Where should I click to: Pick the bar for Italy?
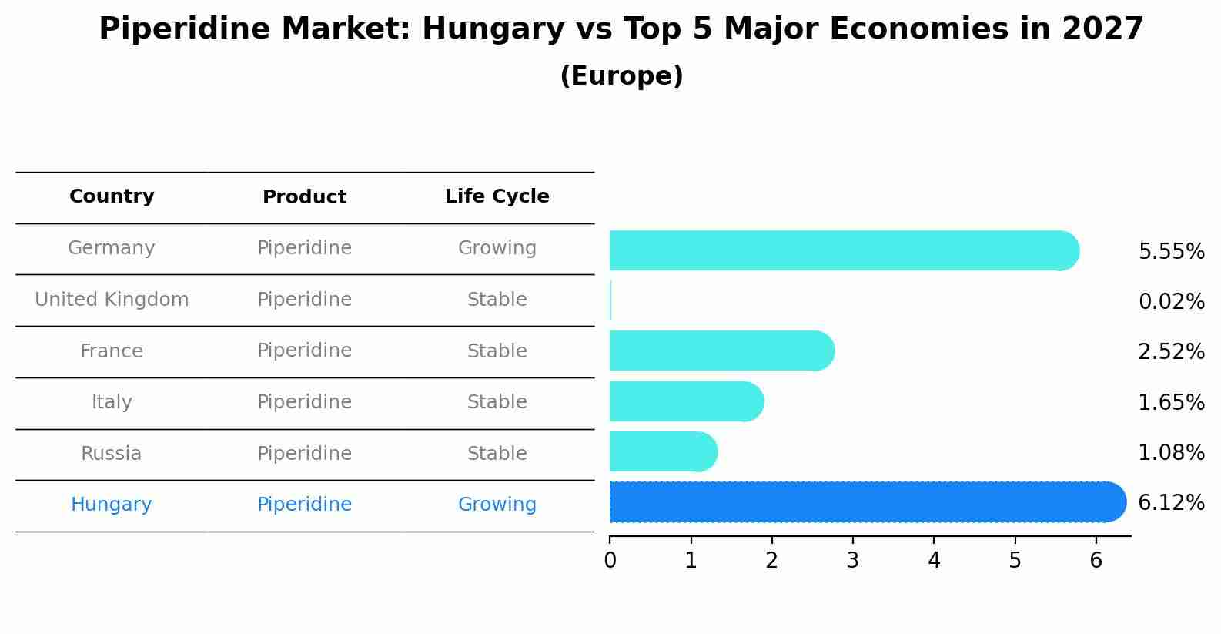[686, 401]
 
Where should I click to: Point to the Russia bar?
[663, 451]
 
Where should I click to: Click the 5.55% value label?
[1171, 252]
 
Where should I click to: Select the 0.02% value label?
[1171, 302]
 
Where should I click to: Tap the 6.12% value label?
[1171, 503]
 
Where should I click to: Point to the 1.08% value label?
[1171, 453]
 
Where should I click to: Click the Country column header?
[112, 196]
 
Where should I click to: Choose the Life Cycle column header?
[497, 196]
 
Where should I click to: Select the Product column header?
[304, 197]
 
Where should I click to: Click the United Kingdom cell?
[112, 300]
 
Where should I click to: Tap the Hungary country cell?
[112, 505]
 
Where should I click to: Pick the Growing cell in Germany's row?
[497, 248]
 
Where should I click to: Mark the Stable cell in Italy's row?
[497, 402]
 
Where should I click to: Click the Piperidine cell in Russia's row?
[304, 454]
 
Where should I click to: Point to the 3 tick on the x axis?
[852, 561]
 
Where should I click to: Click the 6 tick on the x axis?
[1096, 561]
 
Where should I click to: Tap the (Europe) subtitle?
[621, 76]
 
